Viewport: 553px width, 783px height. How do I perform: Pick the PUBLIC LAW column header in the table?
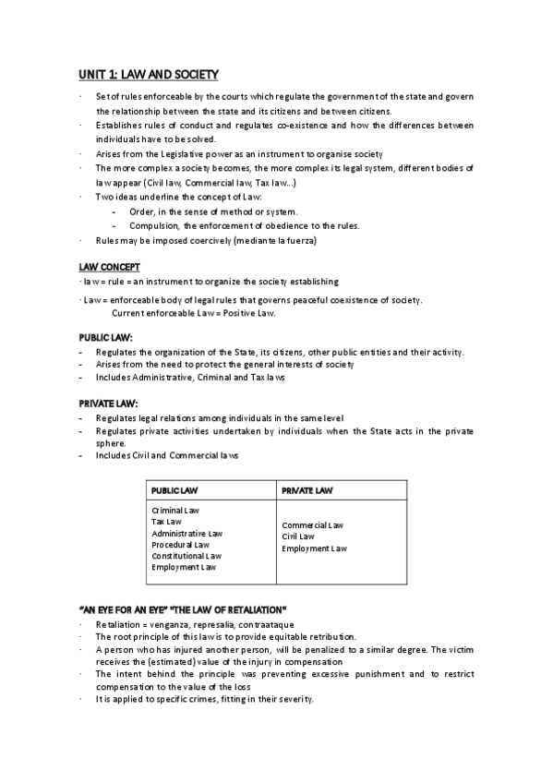pyautogui.click(x=174, y=489)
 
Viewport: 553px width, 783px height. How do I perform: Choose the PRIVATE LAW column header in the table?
pyautogui.click(x=307, y=489)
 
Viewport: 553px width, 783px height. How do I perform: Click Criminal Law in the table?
pyautogui.click(x=175, y=511)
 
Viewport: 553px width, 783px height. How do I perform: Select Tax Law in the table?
pyautogui.click(x=166, y=522)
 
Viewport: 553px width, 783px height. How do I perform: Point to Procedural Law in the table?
pyautogui.click(x=181, y=545)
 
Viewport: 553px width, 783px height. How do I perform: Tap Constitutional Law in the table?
pyautogui.click(x=186, y=556)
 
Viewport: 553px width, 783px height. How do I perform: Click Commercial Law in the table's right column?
pyautogui.click(x=313, y=525)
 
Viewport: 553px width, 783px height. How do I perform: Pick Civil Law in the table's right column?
pyautogui.click(x=298, y=536)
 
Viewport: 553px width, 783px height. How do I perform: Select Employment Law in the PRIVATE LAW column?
pyautogui.click(x=315, y=548)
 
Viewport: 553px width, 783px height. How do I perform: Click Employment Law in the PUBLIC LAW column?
pyautogui.click(x=184, y=567)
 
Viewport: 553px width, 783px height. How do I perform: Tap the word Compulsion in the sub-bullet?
pyautogui.click(x=153, y=226)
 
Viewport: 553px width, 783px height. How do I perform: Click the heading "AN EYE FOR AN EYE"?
pyautogui.click(x=121, y=609)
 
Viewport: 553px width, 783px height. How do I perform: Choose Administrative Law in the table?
pyautogui.click(x=186, y=534)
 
